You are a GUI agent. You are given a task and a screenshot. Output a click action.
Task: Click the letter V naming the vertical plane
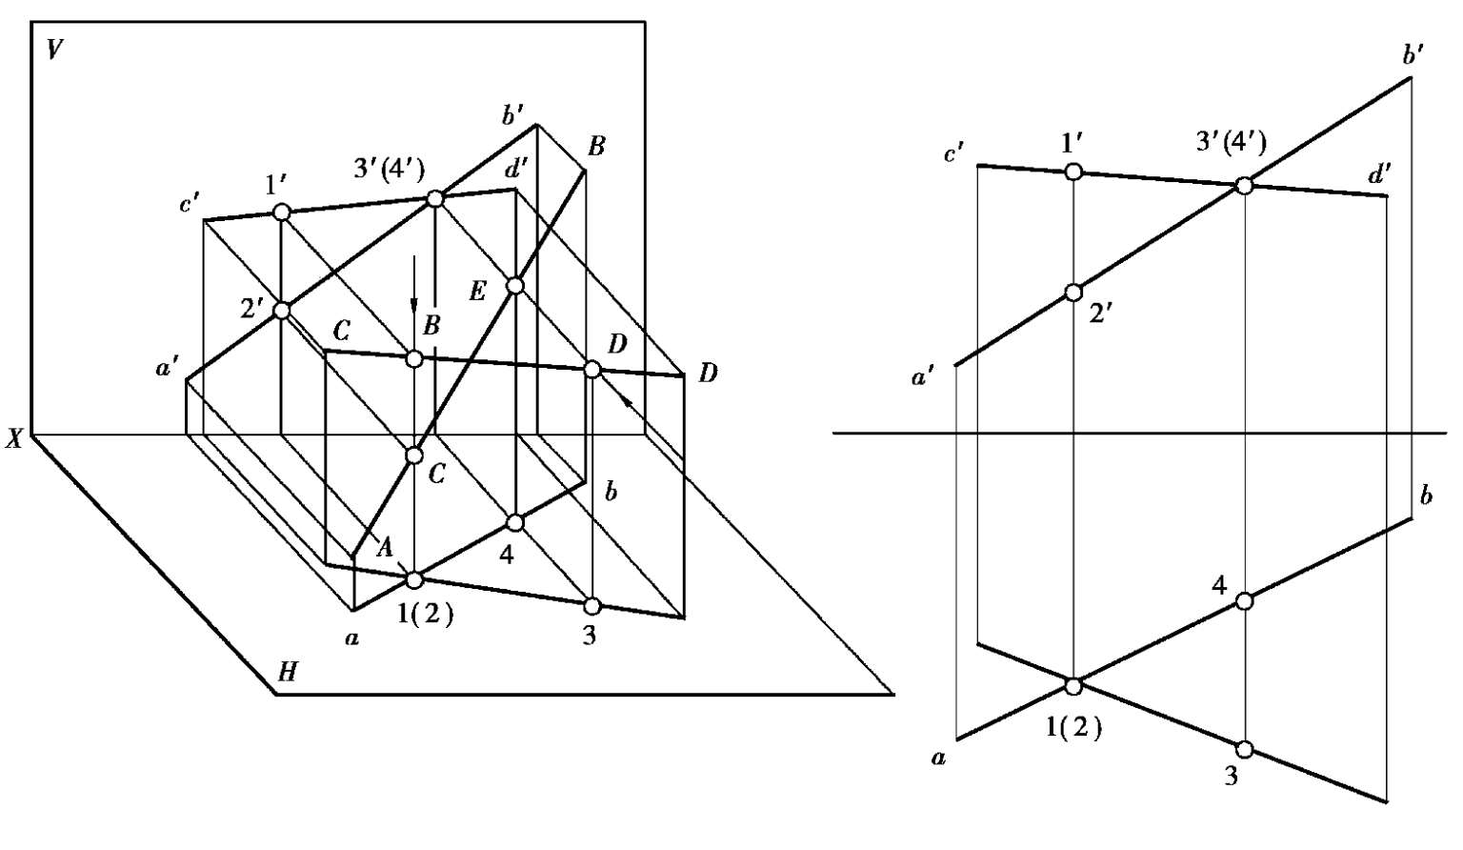pyautogui.click(x=54, y=51)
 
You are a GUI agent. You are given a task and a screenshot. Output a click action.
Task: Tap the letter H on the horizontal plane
pyautogui.click(x=288, y=673)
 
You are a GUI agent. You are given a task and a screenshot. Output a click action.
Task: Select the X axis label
pyautogui.click(x=14, y=439)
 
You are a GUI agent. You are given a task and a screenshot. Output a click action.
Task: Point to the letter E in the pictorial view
pyautogui.click(x=478, y=292)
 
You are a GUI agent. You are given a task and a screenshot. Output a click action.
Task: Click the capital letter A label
pyautogui.click(x=385, y=547)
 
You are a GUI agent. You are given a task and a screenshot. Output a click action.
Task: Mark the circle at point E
pyautogui.click(x=515, y=286)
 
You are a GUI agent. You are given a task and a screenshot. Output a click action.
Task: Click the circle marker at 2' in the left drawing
pyautogui.click(x=282, y=310)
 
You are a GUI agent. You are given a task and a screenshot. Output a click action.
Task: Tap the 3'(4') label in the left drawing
pyautogui.click(x=387, y=170)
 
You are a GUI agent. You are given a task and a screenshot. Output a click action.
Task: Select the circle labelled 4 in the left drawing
pyautogui.click(x=515, y=522)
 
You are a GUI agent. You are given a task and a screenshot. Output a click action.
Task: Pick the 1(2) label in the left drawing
pyautogui.click(x=425, y=615)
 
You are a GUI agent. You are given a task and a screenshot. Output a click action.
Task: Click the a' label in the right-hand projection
pyautogui.click(x=922, y=379)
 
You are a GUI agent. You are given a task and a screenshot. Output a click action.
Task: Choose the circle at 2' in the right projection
pyautogui.click(x=1073, y=293)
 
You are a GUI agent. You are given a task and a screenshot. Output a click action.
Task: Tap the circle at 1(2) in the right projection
pyautogui.click(x=1073, y=685)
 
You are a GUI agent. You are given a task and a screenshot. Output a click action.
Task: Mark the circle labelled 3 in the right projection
pyautogui.click(x=1244, y=748)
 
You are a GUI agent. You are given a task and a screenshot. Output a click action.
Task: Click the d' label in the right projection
pyautogui.click(x=1379, y=174)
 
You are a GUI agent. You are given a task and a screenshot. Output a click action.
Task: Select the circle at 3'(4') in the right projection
pyautogui.click(x=1243, y=186)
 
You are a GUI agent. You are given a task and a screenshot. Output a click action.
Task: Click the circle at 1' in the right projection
pyautogui.click(x=1073, y=172)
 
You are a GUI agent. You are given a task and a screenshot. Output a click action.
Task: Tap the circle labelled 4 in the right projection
pyautogui.click(x=1243, y=600)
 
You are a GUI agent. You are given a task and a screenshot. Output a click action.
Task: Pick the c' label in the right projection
pyautogui.click(x=953, y=152)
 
